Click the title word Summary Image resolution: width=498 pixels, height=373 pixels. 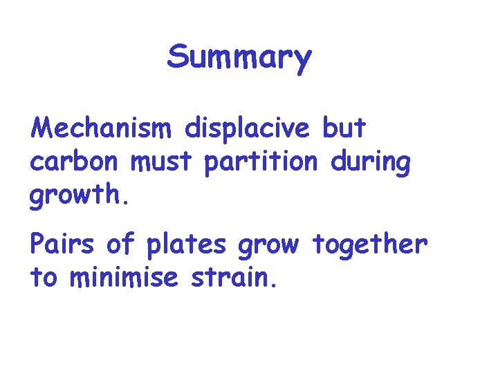(239, 58)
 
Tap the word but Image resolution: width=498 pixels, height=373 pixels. (344, 128)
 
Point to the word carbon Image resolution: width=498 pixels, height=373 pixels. (74, 163)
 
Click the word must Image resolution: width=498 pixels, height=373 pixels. (163, 163)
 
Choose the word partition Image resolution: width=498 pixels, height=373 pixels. (261, 163)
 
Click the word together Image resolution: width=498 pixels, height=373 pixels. (370, 245)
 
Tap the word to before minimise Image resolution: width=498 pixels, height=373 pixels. (46, 279)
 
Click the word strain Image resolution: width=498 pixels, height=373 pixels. (236, 278)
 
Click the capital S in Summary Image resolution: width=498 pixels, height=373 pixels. (178, 58)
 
